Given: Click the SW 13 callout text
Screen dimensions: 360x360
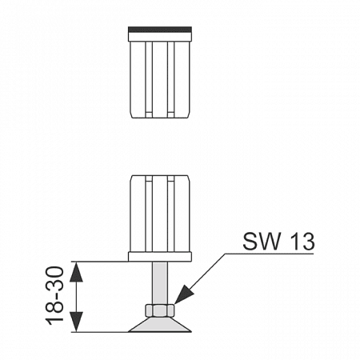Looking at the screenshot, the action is tap(278, 242).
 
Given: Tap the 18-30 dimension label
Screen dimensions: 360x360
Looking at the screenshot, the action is tap(54, 296).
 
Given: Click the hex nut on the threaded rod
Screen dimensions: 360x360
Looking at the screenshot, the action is tap(160, 310).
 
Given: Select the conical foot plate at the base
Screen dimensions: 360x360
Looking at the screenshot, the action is tap(160, 325).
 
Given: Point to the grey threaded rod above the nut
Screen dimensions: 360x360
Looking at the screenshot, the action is tap(160, 283).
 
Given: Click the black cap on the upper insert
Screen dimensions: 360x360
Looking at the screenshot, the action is tap(160, 30).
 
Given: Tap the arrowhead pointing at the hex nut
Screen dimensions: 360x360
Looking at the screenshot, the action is tap(184, 294).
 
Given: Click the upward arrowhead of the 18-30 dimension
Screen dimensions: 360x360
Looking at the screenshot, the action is tap(76, 272).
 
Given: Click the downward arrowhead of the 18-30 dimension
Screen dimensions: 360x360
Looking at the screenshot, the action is tap(76, 322).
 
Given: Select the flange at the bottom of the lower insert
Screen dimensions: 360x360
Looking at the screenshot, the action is tap(160, 257).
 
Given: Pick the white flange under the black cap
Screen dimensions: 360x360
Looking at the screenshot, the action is tap(160, 37).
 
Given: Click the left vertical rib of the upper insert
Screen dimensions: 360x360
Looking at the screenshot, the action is tap(149, 79).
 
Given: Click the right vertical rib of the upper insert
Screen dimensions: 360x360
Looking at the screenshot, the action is tap(170, 79).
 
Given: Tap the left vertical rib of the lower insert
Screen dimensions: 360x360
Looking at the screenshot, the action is tap(149, 214).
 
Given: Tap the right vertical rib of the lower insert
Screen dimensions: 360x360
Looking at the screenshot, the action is tap(170, 214).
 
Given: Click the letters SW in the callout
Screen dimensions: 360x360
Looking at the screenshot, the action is tap(262, 242).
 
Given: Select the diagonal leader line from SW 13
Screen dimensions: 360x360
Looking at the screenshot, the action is tap(200, 278).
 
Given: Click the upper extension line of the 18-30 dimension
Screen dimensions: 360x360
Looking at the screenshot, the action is tap(100, 262).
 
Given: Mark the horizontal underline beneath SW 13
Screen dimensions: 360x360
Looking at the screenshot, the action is tap(270, 254).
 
